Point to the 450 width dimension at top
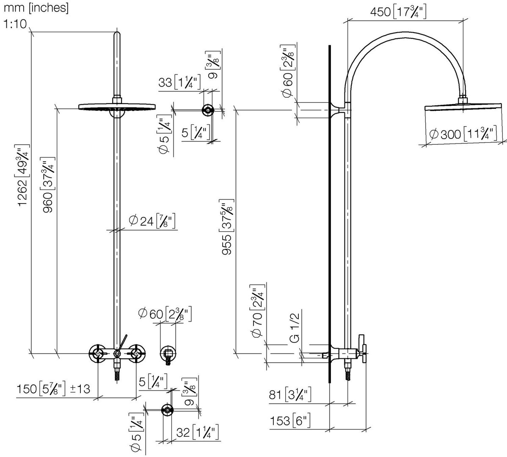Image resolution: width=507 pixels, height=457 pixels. point(398,12)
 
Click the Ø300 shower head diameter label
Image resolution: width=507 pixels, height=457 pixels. point(463,134)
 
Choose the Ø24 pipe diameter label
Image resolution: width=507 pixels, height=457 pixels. point(152,221)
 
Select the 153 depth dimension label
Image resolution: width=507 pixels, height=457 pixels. point(290,421)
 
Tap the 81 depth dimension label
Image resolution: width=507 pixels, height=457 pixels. point(290,395)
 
